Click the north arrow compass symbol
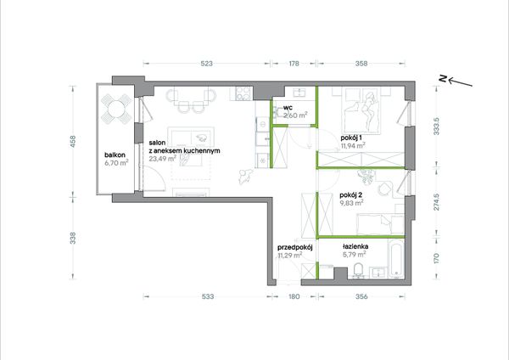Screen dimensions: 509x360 click(456, 81)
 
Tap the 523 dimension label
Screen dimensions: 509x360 click(206, 64)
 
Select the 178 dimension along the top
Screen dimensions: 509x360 click(294, 64)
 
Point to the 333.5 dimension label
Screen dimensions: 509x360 click(436, 126)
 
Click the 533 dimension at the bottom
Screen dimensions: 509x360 click(208, 296)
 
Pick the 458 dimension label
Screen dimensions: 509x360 click(73, 141)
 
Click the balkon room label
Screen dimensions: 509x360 click(115, 155)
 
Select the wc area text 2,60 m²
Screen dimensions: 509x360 click(295, 115)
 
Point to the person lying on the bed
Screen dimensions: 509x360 click(369, 109)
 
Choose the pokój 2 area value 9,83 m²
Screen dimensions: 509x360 click(351, 203)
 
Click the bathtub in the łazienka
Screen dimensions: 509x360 click(396, 259)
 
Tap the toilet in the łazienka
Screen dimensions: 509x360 click(358, 270)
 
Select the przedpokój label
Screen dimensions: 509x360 click(294, 248)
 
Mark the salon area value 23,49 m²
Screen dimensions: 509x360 click(163, 159)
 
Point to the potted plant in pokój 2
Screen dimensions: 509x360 click(366, 176)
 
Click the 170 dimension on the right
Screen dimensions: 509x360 click(436, 258)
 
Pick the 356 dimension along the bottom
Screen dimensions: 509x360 click(361, 296)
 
